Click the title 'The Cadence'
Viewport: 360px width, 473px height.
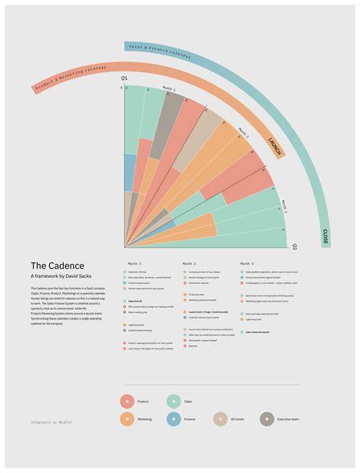coord(51,265)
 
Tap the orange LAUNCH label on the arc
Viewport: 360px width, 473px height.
coord(276,146)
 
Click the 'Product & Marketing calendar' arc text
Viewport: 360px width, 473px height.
coord(72,79)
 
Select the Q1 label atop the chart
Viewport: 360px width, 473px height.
coord(125,80)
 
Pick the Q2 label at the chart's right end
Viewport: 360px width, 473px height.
coord(295,247)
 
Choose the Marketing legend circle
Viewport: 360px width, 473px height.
coord(128,418)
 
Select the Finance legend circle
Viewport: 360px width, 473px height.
coord(174,418)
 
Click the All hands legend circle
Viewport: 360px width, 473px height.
coord(220,418)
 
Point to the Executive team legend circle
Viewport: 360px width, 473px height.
coord(267,418)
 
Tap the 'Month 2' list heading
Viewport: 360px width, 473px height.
coord(190,263)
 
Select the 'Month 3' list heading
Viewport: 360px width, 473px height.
coord(248,263)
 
